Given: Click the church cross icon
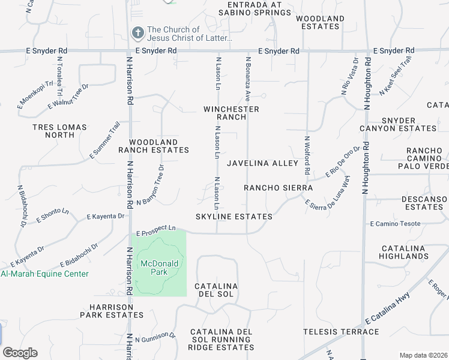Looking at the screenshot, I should coord(137,33).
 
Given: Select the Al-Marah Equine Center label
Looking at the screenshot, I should coord(44,274).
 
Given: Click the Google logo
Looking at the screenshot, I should coord(20,353).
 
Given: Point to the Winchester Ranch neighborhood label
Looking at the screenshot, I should coord(231,113).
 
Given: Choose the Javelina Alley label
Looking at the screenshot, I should coord(262,163).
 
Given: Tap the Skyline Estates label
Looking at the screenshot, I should coord(234,217).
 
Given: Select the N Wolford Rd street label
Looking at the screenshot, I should coord(306,155).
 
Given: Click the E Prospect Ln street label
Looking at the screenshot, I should coord(156,229).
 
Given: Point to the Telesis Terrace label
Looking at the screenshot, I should coord(341,332).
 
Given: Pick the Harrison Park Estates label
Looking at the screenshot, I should coord(113,310).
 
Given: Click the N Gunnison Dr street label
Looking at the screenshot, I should coord(155,338).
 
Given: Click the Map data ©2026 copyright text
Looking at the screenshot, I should coord(423,355).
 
